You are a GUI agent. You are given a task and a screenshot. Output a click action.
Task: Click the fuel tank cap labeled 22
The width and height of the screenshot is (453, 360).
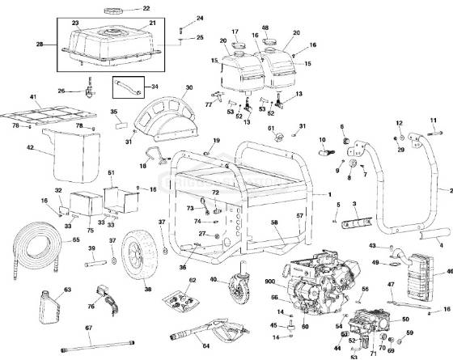tap(110, 10)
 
